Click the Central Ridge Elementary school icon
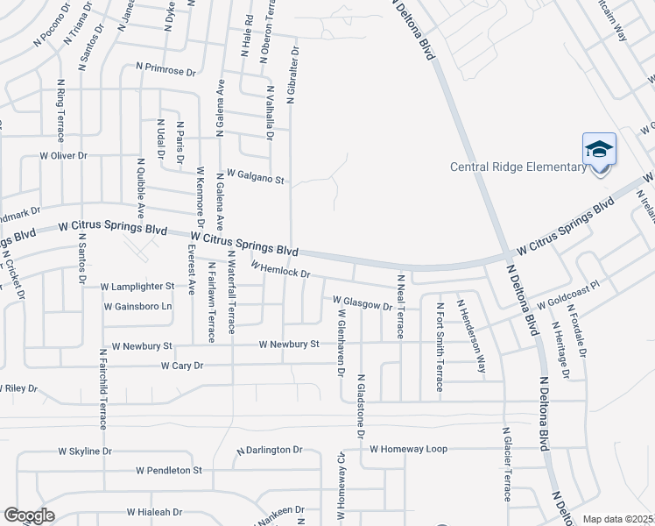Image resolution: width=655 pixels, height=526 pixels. tap(600, 150)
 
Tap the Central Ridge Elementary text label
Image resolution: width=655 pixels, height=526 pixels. tap(518, 167)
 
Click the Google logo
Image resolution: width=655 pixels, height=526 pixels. tap(29, 515)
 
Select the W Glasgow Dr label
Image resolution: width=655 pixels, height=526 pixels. tap(363, 303)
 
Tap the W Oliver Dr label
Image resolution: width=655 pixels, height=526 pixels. tap(64, 155)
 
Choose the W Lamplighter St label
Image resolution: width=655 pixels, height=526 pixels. tap(137, 287)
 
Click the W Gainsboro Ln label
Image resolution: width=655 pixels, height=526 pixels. tap(137, 307)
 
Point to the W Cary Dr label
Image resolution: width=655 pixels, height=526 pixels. tap(181, 365)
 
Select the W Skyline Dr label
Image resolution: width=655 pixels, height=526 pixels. tap(85, 451)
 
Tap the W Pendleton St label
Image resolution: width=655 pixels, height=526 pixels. tap(169, 471)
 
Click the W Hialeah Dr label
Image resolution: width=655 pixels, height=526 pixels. tap(154, 512)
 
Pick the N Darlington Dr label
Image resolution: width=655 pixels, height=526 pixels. tap(270, 450)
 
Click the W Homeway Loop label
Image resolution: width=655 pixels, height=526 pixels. tap(408, 449)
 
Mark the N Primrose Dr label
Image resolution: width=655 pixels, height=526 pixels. tap(166, 66)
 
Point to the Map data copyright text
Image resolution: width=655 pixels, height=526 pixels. tap(618, 519)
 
